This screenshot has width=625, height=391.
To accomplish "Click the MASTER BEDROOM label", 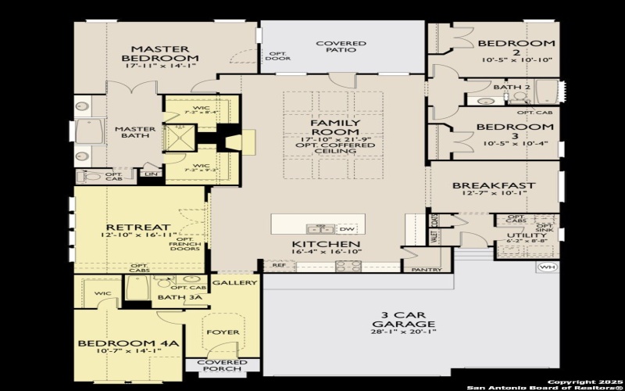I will click(160, 53).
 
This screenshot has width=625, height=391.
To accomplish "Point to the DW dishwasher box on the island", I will click(347, 228).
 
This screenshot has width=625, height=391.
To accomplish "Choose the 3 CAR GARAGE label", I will click(403, 319).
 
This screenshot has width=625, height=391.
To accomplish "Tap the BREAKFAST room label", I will click(494, 185).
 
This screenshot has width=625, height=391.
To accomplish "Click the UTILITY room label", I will click(521, 235).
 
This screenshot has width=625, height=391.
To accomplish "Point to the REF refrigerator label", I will click(279, 265).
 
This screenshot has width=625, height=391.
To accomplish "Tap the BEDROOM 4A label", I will click(129, 343).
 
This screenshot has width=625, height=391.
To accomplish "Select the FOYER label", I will click(223, 332).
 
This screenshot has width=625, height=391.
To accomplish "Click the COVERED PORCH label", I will click(222, 366).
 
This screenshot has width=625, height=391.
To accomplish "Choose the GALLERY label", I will click(234, 282).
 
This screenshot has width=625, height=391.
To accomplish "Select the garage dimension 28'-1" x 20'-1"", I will click(403, 332).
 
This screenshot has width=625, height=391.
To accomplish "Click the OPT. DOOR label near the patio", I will click(277, 55).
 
